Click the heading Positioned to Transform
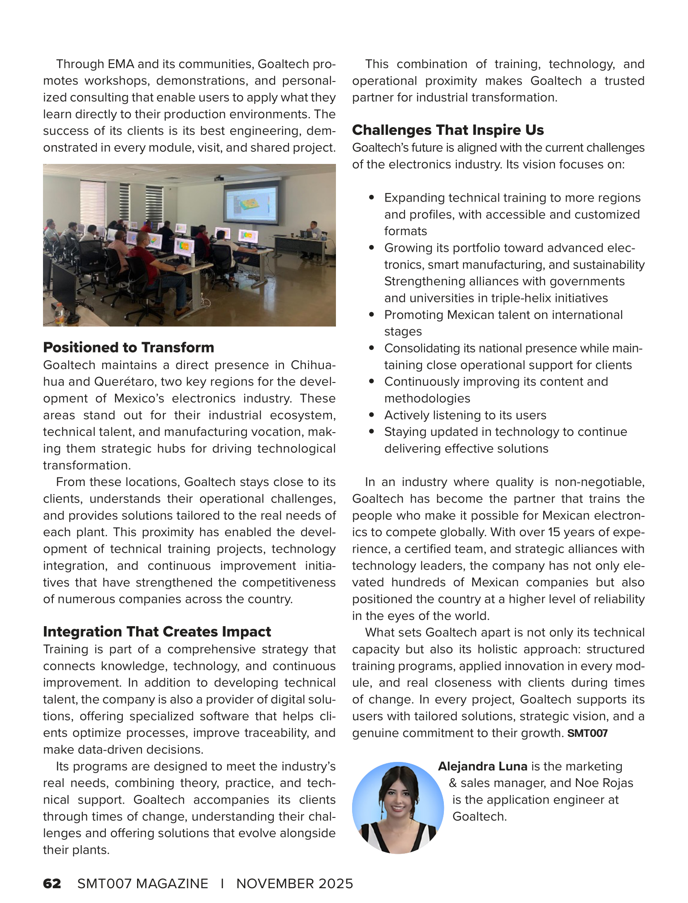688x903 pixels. point(129,348)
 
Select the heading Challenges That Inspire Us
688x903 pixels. point(447,130)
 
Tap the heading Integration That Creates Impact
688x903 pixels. point(157,632)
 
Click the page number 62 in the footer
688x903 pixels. point(52,883)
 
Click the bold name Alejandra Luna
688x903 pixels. point(482,766)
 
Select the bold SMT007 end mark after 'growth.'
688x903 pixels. point(587,733)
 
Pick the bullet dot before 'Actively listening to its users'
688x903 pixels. point(371,415)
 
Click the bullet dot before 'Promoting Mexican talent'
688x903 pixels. point(371,315)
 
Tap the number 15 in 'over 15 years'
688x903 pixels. point(554,532)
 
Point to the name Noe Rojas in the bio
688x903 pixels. point(604,783)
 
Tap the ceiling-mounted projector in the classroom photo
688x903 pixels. point(219,178)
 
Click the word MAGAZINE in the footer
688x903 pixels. point(172,883)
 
